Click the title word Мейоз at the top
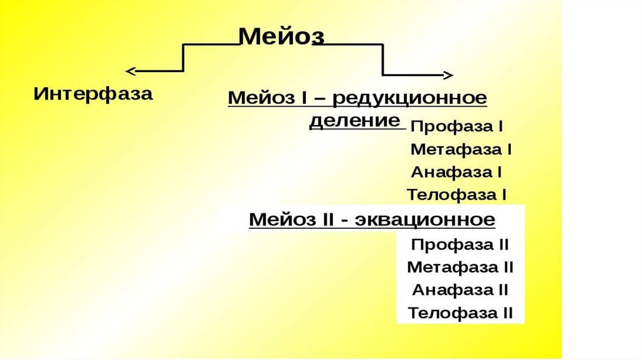(x=282, y=36)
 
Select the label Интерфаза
(x=93, y=95)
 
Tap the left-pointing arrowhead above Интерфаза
(x=130, y=70)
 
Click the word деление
(x=355, y=120)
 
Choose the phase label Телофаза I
(x=456, y=195)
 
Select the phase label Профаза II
(x=460, y=244)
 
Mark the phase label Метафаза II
(x=460, y=267)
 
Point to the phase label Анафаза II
(x=460, y=290)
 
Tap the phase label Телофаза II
(x=460, y=312)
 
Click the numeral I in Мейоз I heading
(x=307, y=98)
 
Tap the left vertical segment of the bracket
(x=182, y=58)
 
